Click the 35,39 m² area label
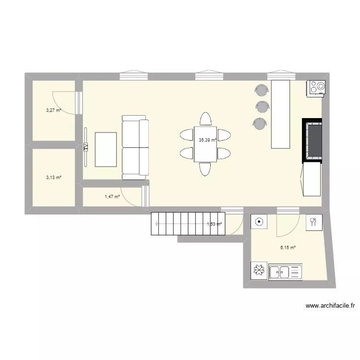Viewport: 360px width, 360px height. click(x=207, y=140)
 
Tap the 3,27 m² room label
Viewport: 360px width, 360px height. click(x=53, y=110)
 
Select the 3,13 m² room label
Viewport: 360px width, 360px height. click(x=53, y=177)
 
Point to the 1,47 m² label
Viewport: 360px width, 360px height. click(x=112, y=196)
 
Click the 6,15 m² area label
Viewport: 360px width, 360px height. click(x=288, y=248)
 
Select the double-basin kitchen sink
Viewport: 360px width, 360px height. click(x=286, y=272)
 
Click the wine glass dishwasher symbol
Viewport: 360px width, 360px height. click(x=313, y=221)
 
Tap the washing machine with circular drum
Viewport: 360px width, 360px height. click(x=259, y=222)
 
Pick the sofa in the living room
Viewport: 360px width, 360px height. click(x=135, y=147)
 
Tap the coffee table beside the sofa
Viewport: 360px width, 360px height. click(x=106, y=149)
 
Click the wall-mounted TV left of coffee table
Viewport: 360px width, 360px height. click(x=86, y=146)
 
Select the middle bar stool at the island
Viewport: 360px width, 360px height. click(x=261, y=107)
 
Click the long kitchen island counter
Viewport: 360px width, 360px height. click(x=281, y=114)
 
